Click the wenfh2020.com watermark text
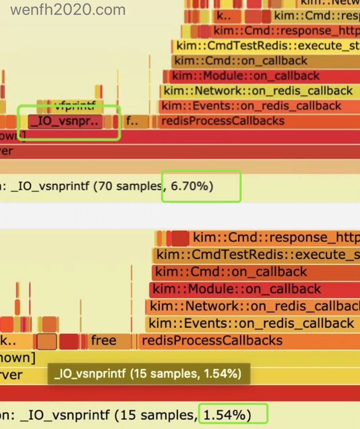(68, 10)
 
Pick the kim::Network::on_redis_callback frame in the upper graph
(260, 91)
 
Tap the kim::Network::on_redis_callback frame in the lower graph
(253, 306)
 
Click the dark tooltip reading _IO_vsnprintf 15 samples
(148, 374)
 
